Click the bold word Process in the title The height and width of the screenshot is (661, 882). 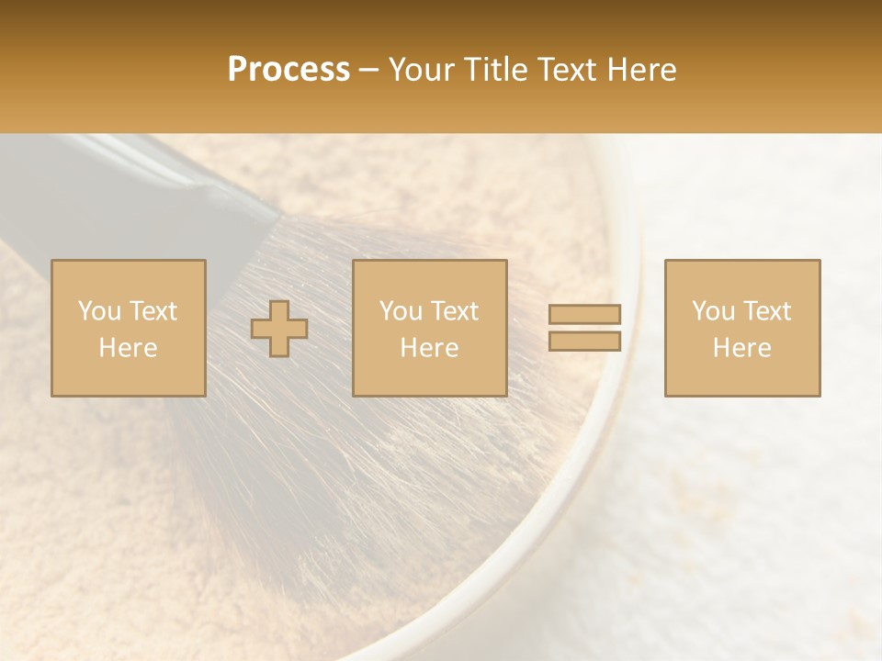[288, 70]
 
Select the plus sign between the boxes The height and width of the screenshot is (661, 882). [279, 328]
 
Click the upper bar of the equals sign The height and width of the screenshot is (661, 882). [584, 314]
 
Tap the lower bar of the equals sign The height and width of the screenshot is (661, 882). [584, 342]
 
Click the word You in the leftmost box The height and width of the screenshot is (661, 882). [99, 311]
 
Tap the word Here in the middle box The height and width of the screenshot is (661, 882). [430, 348]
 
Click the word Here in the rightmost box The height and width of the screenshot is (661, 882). [742, 348]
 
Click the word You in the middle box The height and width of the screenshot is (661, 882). [401, 311]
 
